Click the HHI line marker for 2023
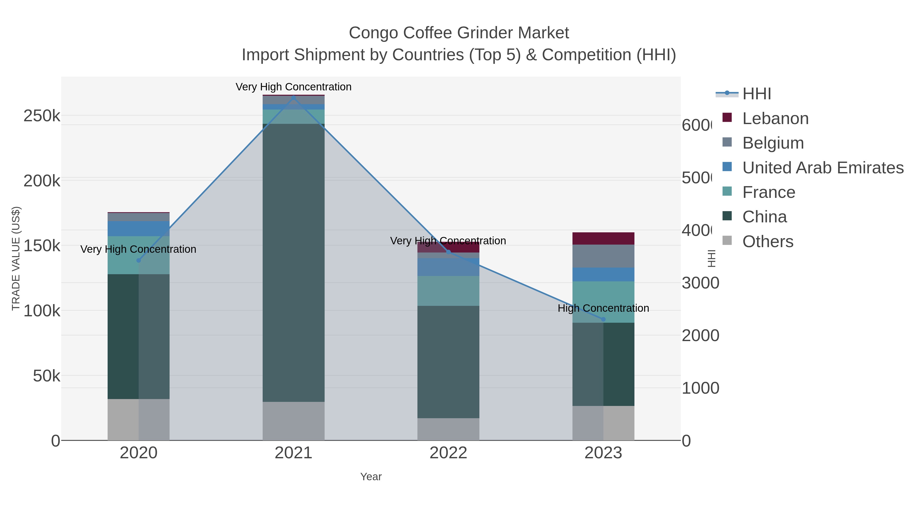(603, 319)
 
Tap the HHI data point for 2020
(139, 260)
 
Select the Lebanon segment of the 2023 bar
(603, 238)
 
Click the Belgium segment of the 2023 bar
(603, 256)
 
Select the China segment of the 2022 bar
(448, 362)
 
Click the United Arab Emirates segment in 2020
(139, 228)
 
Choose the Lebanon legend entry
(775, 118)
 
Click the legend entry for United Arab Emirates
(822, 168)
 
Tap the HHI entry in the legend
(756, 94)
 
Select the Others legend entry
(768, 242)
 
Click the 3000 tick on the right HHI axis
(700, 283)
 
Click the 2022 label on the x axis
(448, 453)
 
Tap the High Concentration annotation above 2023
(603, 308)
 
